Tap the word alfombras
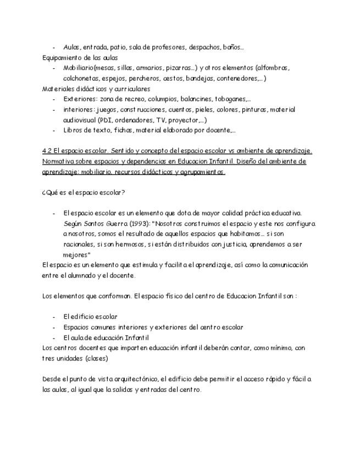273,68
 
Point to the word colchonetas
80,79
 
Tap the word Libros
73,131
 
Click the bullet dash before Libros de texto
54,131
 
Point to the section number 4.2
47,151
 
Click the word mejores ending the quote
75,255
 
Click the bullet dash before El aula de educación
54,337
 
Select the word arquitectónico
136,379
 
